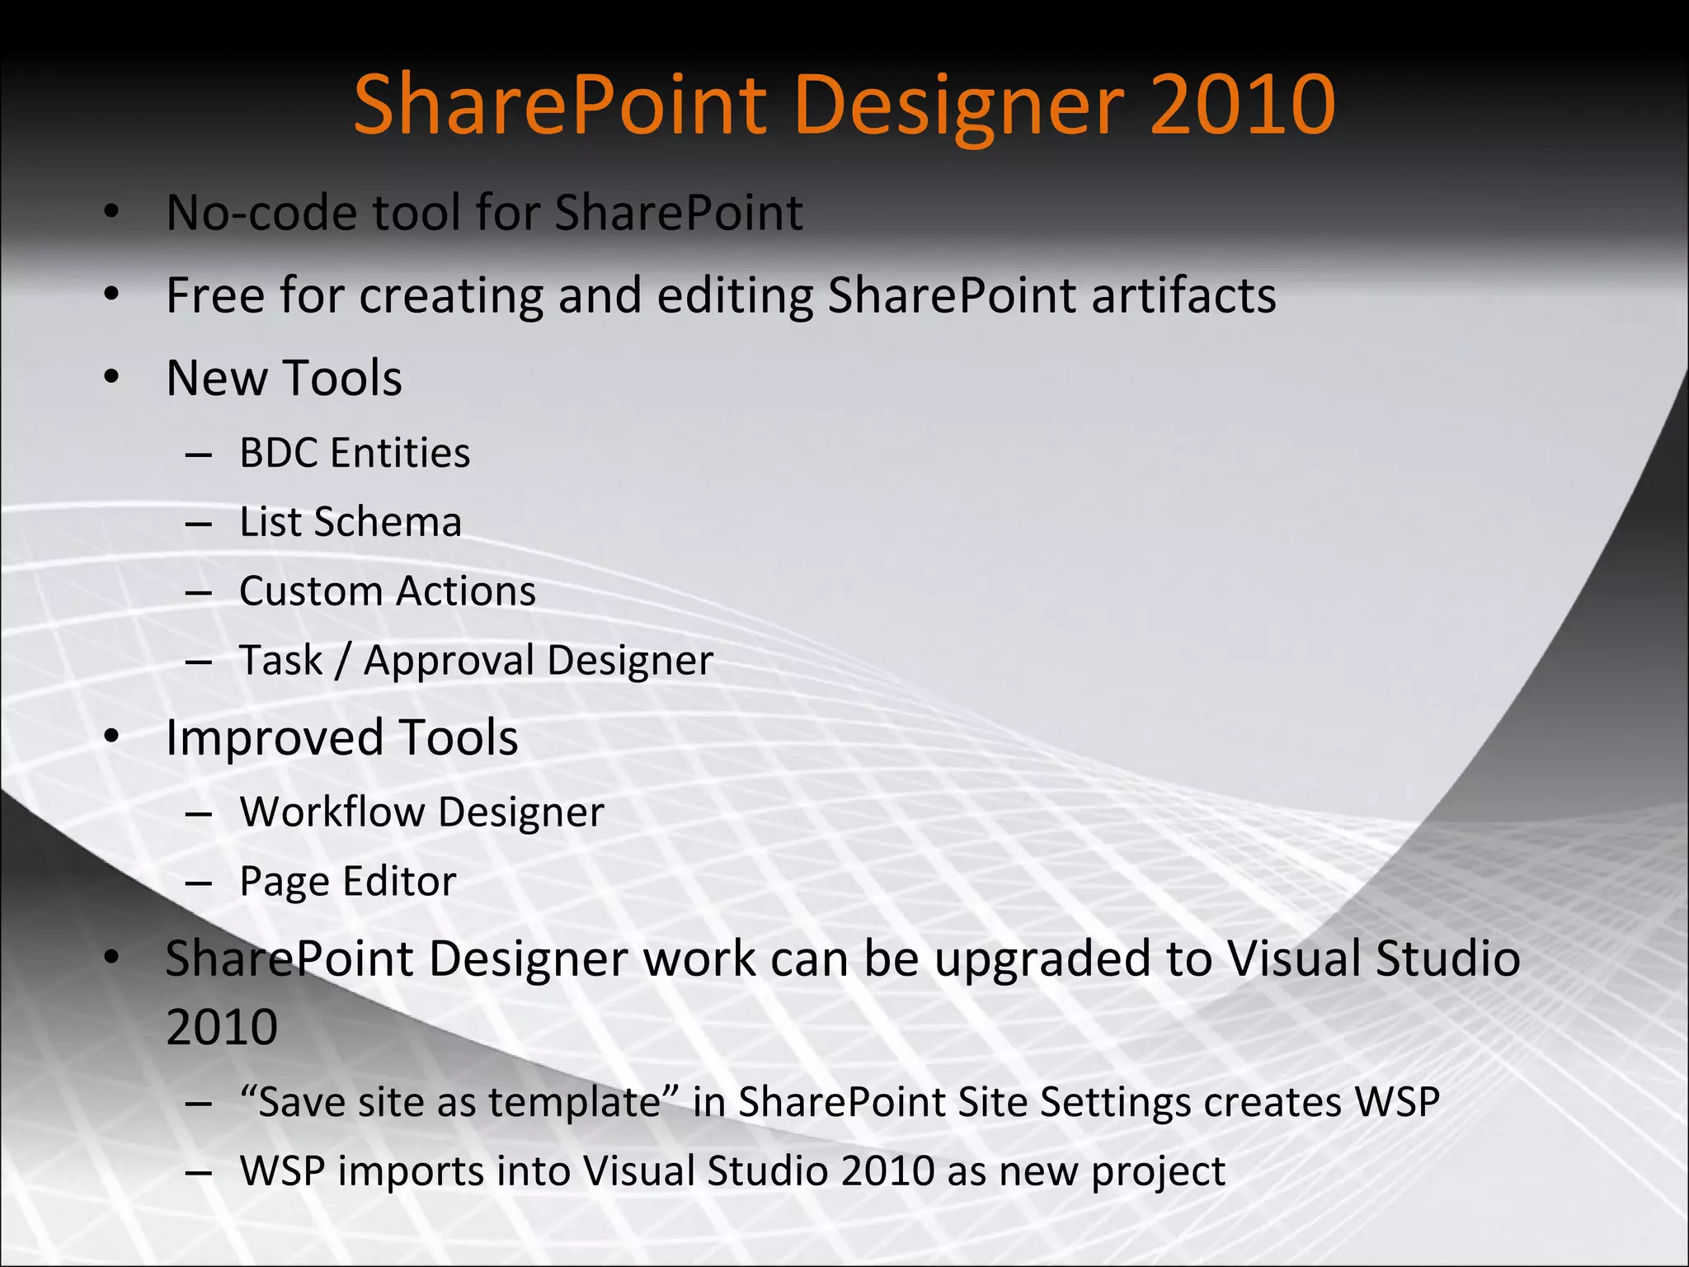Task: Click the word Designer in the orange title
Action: point(958,106)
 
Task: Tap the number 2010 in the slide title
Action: point(1242,106)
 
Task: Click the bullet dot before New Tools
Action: point(112,378)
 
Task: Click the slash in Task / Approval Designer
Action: point(343,661)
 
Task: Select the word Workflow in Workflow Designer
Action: point(332,812)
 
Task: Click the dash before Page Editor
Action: point(199,883)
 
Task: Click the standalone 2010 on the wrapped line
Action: point(222,1027)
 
